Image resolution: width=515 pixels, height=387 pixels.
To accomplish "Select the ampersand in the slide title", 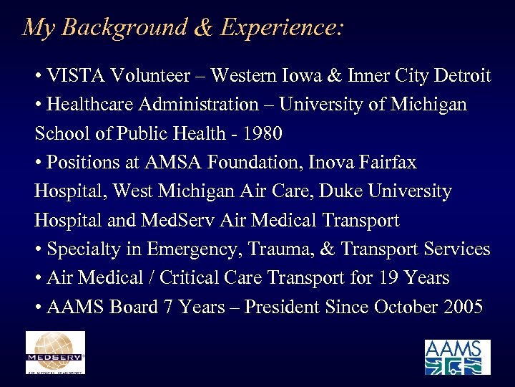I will [x=203, y=27].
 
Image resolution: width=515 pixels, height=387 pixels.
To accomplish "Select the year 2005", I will [x=463, y=307].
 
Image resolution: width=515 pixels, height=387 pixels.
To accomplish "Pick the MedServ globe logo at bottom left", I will [x=55, y=351].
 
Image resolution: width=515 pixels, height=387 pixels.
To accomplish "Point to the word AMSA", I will [x=170, y=163].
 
